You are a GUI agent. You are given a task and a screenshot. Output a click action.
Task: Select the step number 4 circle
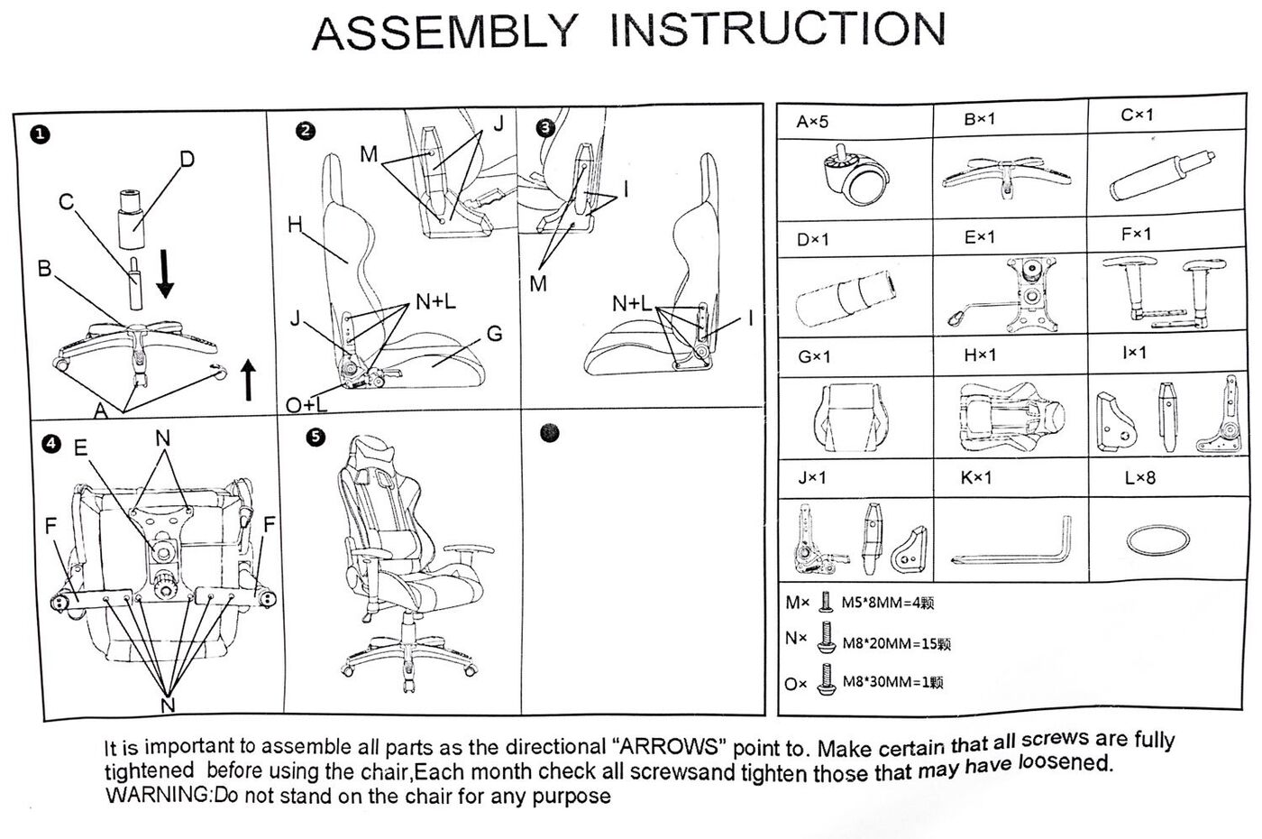pos(51,443)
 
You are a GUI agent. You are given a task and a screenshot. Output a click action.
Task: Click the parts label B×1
pos(979,119)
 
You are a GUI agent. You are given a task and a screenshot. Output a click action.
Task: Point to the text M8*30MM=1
pos(892,683)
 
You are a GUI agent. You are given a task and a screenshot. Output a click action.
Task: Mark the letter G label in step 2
pos(494,334)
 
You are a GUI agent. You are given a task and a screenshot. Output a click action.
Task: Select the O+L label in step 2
pos(306,407)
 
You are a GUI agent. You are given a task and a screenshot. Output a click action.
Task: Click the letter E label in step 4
pos(81,448)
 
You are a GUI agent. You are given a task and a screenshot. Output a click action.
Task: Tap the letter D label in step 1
pos(187,160)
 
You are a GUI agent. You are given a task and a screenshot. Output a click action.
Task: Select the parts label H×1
pos(980,355)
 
